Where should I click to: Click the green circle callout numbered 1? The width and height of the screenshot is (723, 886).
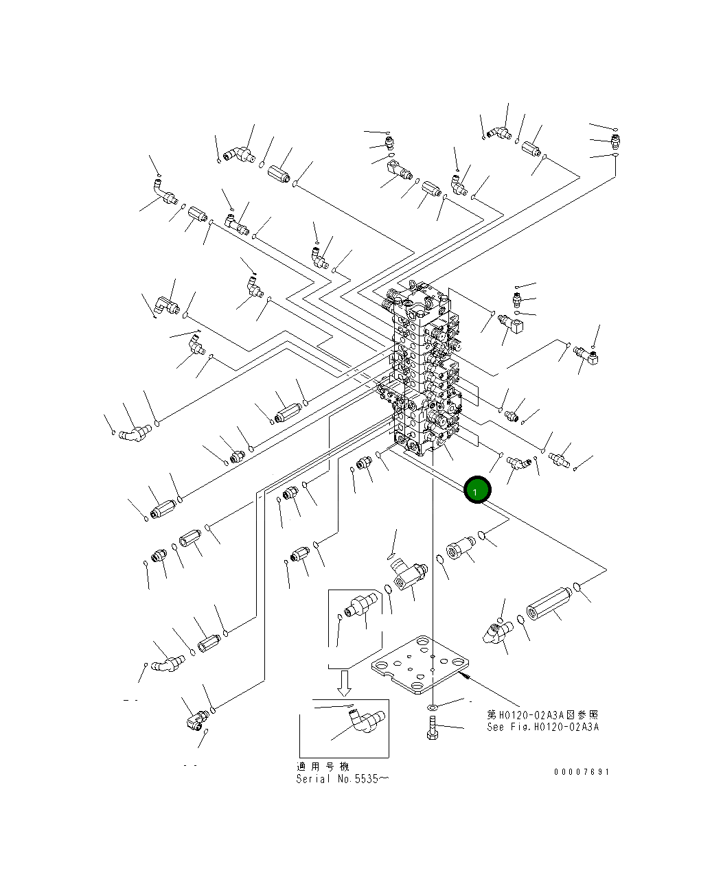[477, 489]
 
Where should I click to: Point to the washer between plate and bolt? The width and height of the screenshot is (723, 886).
[433, 706]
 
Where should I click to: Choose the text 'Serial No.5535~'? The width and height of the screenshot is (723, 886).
[342, 779]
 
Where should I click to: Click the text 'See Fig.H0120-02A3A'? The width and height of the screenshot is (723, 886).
[542, 727]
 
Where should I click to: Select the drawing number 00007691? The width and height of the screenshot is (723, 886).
[582, 772]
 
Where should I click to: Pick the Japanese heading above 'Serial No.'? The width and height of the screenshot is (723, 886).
[323, 767]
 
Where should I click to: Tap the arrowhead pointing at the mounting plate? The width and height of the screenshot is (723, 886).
[469, 676]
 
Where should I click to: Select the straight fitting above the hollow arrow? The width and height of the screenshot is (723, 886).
[360, 606]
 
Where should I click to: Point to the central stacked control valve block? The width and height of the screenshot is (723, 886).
[426, 371]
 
